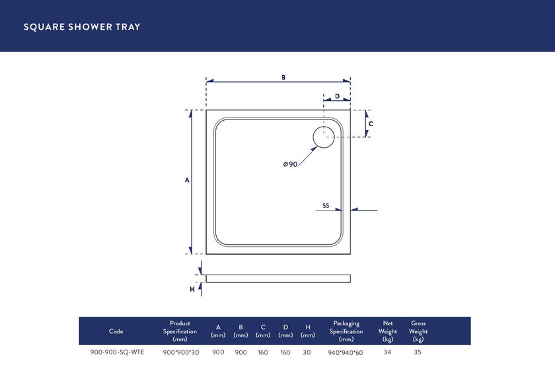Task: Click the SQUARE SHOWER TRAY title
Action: click(x=82, y=27)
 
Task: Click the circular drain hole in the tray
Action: click(x=324, y=137)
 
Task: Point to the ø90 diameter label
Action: click(x=290, y=164)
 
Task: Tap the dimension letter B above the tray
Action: click(x=283, y=77)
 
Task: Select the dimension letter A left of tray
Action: click(x=187, y=180)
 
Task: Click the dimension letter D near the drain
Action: click(x=337, y=96)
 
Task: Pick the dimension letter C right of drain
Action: click(x=371, y=123)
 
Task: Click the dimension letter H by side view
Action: click(x=192, y=289)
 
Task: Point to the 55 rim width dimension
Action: click(x=326, y=206)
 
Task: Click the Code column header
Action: click(x=116, y=331)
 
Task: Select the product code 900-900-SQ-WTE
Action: click(x=117, y=352)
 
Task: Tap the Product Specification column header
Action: click(x=180, y=331)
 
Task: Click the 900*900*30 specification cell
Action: click(x=181, y=352)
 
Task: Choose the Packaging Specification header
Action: click(x=346, y=331)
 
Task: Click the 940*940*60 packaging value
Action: click(x=346, y=353)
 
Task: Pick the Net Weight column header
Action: click(x=388, y=331)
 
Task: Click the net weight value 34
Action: click(x=388, y=352)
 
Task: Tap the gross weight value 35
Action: click(x=418, y=352)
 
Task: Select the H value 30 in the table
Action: click(x=307, y=352)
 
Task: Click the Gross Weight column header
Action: click(x=418, y=331)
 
